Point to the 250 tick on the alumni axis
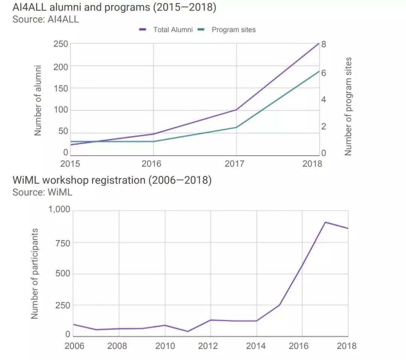coord(61,44)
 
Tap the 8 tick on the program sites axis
coord(323,44)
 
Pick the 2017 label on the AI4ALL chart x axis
coord(234,164)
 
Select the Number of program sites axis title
coord(348,106)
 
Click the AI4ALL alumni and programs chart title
coord(114,8)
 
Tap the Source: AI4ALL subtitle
coord(46,19)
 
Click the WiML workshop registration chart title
coord(112,180)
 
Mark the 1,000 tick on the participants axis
coord(59,210)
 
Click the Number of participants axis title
coord(35,273)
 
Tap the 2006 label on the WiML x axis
coord(74,346)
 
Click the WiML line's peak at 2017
coord(325,222)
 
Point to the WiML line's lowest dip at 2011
coord(188,331)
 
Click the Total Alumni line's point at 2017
coord(236,110)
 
